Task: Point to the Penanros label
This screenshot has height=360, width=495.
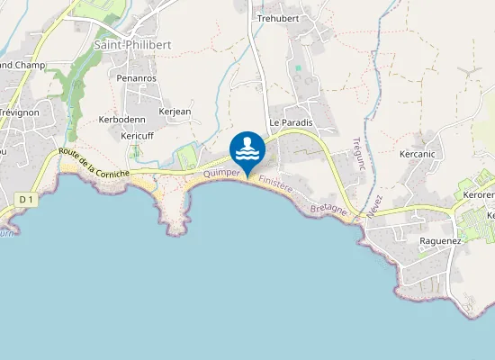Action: [x=137, y=78]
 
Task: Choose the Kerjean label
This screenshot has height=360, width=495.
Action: [x=175, y=112]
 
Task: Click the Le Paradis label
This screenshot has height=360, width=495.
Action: [x=290, y=122]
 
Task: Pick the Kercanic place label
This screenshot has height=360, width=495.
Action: [x=417, y=154]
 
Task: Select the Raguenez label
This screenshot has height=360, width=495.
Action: [x=441, y=241]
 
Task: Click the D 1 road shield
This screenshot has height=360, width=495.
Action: [x=25, y=199]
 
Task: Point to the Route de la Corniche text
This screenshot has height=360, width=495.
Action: [x=94, y=162]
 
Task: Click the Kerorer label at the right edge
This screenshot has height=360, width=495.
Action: [x=479, y=195]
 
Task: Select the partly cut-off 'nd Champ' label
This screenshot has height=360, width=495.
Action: [x=22, y=66]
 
